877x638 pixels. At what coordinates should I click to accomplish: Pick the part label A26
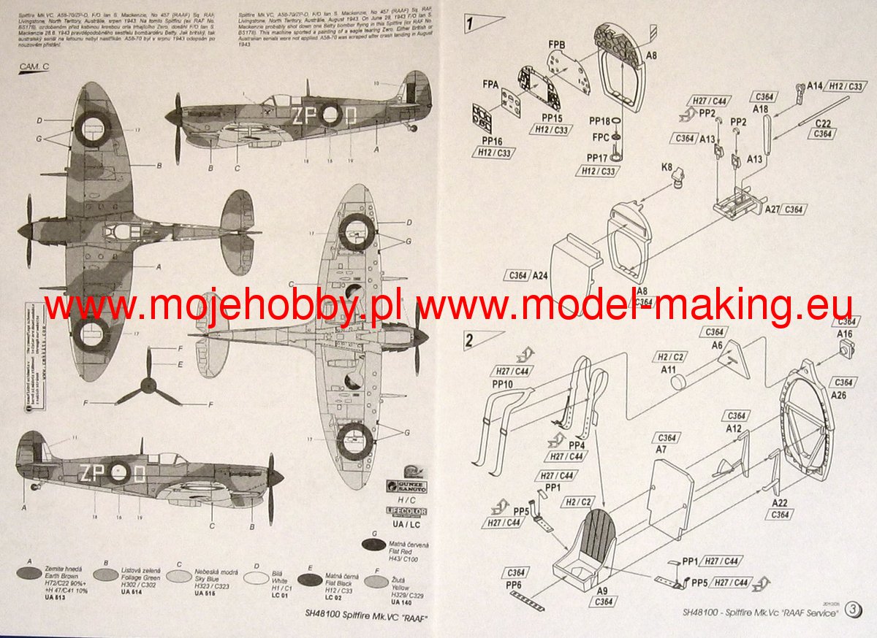coord(840,396)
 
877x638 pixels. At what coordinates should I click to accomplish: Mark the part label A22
coord(780,502)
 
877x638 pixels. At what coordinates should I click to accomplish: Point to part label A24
coord(540,275)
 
